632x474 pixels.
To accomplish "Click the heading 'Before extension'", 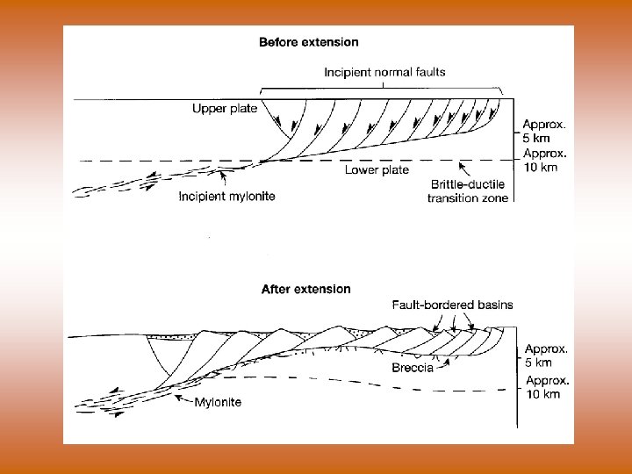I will click(x=308, y=41).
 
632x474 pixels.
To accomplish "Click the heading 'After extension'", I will click(x=305, y=289).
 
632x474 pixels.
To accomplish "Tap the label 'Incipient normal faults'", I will click(x=385, y=72).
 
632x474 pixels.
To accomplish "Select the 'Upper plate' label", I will click(x=225, y=109).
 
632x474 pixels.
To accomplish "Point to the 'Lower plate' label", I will click(x=377, y=169).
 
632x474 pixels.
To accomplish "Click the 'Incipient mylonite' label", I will click(x=226, y=197).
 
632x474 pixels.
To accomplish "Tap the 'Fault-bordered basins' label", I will click(x=452, y=305).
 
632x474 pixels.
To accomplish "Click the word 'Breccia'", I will click(x=413, y=368).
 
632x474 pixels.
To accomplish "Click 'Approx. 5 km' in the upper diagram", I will click(x=544, y=132).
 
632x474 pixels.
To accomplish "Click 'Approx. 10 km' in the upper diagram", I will click(x=544, y=160).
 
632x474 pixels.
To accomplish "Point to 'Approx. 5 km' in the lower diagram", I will click(x=544, y=355).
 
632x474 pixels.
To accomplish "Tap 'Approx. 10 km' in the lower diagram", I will click(x=544, y=387).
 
